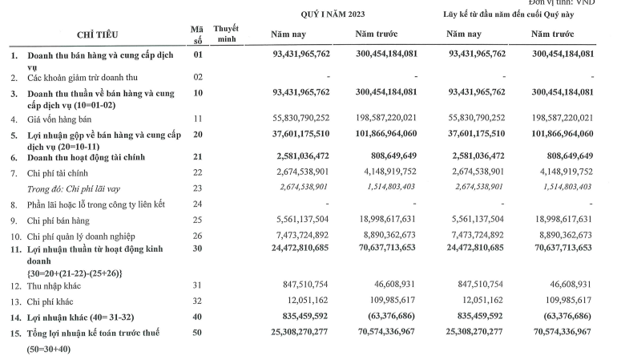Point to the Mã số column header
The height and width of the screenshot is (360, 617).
tap(198, 34)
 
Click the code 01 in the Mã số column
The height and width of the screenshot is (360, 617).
tap(198, 55)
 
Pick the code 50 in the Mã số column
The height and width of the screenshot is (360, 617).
tap(198, 332)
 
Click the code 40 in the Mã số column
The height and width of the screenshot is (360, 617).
tap(198, 317)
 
